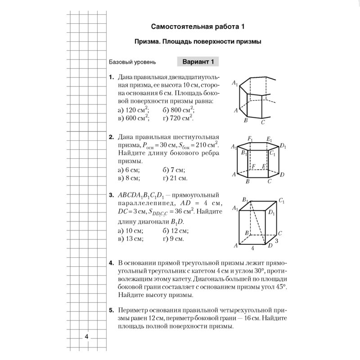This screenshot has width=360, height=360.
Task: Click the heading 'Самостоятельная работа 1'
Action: point(198,26)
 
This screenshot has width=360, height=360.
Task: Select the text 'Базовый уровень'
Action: point(133,62)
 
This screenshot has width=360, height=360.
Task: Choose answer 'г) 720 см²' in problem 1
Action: point(178,118)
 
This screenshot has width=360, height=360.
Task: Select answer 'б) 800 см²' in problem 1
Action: point(179,109)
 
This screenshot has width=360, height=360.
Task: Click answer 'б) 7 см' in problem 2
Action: point(174,170)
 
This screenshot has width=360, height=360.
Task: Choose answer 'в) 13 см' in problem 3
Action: point(130,238)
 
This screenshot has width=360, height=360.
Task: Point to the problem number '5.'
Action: point(111,310)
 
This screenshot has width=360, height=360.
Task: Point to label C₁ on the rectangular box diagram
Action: point(281,201)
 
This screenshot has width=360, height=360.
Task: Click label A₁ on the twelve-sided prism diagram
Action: point(234,83)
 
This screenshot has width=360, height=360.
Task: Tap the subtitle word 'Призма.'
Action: point(148,42)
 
